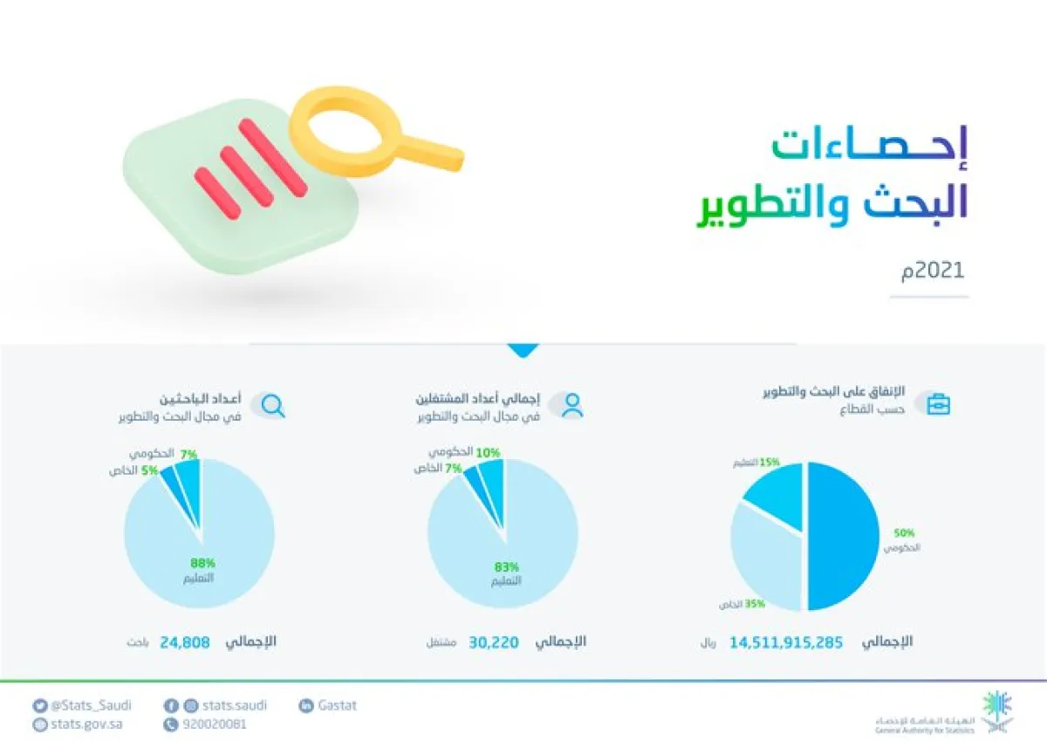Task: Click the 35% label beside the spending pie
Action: (755, 603)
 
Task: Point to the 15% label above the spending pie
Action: (768, 462)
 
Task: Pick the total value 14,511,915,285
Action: (786, 642)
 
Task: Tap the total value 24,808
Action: (185, 642)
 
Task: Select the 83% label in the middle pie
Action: (506, 566)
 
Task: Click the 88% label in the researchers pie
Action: (202, 563)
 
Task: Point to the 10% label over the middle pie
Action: (488, 452)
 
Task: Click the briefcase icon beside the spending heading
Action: (938, 405)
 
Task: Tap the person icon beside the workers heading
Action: (572, 405)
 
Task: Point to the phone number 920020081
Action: (214, 724)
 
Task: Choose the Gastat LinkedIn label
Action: (337, 705)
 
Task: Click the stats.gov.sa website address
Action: (86, 724)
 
